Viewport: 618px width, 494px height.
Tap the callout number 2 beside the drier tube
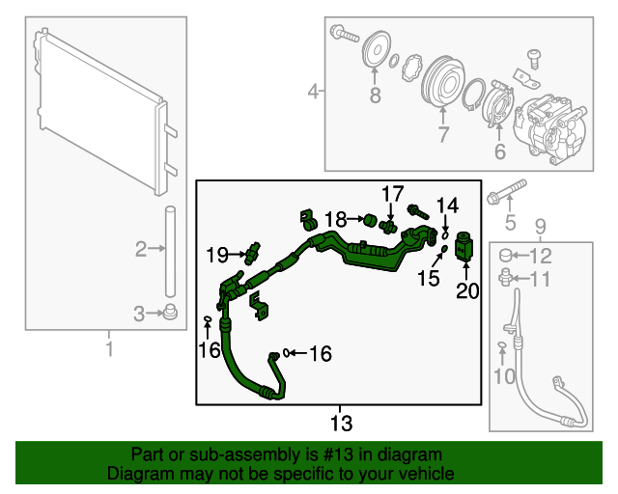(142, 250)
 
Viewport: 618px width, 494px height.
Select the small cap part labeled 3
(170, 312)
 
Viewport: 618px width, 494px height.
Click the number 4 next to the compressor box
(313, 93)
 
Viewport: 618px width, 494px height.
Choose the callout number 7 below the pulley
(443, 136)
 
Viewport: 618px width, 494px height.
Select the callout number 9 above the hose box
(540, 227)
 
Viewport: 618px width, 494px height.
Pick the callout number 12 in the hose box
(542, 256)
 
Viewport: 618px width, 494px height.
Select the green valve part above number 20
(463, 245)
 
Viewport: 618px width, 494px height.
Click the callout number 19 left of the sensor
(216, 255)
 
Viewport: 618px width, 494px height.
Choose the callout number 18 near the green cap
(335, 220)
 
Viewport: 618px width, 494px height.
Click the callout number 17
(391, 195)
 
